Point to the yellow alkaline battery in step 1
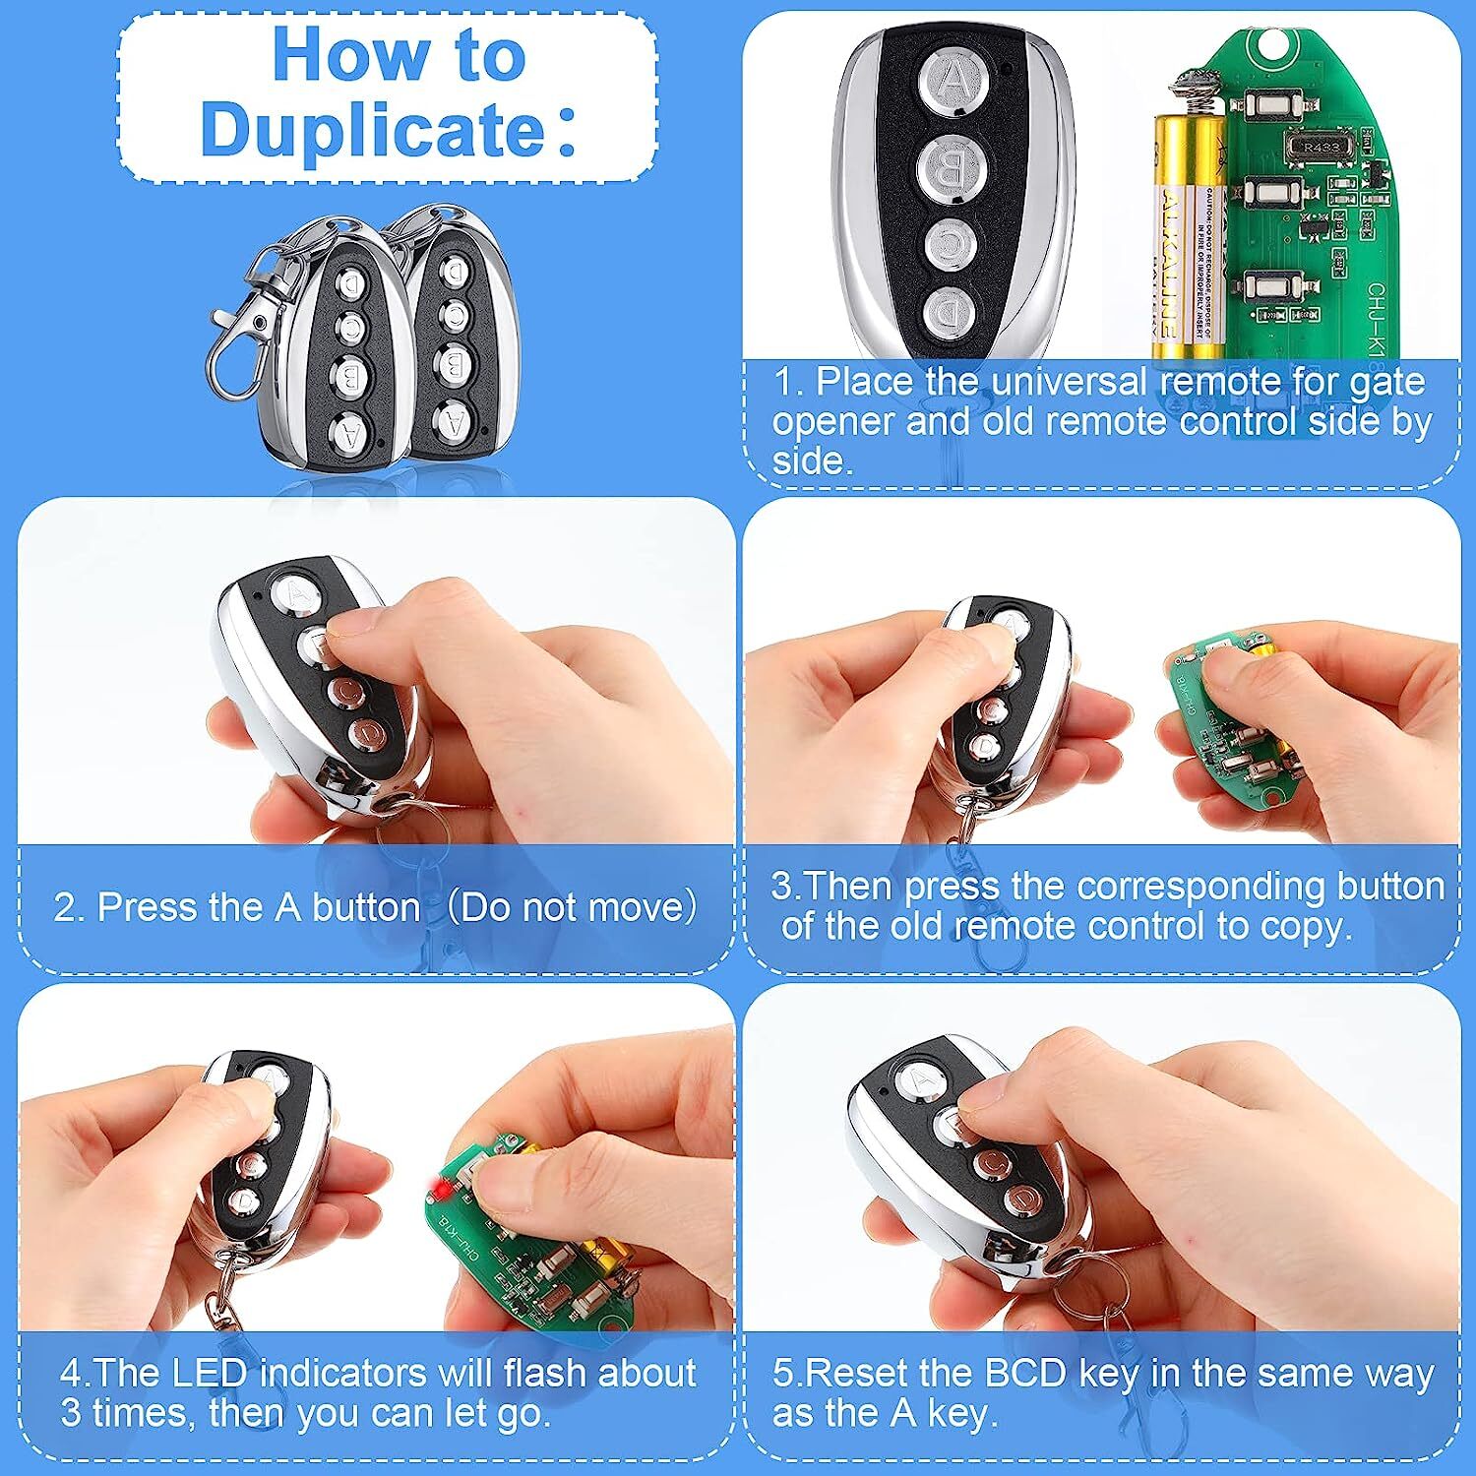pyautogui.click(x=1190, y=236)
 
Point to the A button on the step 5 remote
pyautogui.click(x=917, y=1077)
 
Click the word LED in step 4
pyautogui.click(x=214, y=1372)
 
